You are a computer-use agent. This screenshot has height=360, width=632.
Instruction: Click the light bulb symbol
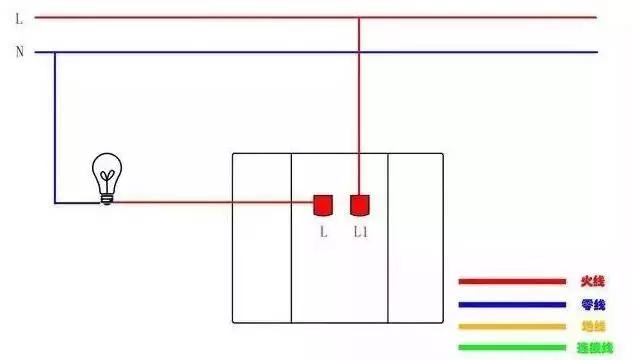coord(105,178)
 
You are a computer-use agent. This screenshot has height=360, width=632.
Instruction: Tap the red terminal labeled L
coord(323,205)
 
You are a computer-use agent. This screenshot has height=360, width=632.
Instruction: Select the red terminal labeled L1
coord(359,205)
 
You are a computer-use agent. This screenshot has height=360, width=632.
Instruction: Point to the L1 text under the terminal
coord(361,232)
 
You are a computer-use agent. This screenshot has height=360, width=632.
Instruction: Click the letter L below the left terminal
coord(323,232)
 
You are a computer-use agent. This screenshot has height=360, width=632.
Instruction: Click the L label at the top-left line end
coord(18,17)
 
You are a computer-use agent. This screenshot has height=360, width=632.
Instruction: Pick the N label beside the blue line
coord(18,52)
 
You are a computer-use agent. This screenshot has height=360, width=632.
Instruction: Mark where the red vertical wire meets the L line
coord(359,17)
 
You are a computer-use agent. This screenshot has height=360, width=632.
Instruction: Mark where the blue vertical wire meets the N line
coord(55,52)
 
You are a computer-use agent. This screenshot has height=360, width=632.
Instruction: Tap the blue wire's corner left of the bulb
coord(55,203)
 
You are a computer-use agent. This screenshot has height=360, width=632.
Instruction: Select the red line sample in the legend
coord(512,282)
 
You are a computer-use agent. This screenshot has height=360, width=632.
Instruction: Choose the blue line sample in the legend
coord(512,304)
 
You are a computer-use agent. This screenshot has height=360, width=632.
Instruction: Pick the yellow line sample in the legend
coord(512,326)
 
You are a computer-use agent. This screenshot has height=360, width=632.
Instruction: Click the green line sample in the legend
coord(512,348)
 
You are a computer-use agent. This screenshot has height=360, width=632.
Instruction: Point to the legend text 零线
coord(593,304)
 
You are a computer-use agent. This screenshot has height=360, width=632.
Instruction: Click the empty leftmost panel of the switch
coord(261,238)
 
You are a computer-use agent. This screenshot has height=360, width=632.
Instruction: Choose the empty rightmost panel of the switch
coord(415,238)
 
